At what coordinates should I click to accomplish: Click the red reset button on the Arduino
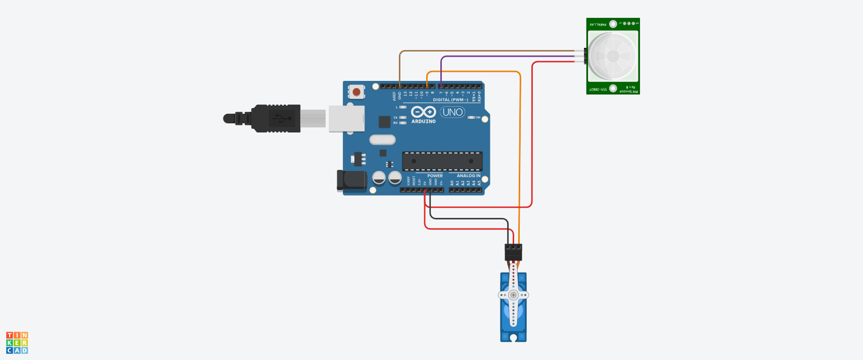point(356,92)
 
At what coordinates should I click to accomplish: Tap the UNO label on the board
point(452,112)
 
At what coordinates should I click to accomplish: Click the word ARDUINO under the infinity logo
point(424,121)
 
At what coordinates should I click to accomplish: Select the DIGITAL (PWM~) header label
point(450,100)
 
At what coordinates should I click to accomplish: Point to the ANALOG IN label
point(469,176)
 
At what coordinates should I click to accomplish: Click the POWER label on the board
point(435,176)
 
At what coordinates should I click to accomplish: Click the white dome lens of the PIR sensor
point(613,56)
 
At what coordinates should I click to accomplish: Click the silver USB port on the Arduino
point(346,119)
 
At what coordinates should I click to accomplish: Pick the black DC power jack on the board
point(352,181)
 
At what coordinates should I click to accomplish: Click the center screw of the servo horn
point(514,295)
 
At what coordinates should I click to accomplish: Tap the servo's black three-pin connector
point(513,252)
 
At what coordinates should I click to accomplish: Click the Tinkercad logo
point(17,343)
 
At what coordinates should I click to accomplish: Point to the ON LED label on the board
point(478,117)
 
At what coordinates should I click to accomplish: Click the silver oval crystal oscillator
point(383,140)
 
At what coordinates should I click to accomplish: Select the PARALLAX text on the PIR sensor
point(598,24)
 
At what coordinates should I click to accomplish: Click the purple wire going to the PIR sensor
point(506,56)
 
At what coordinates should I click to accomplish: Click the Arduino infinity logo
point(424,112)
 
